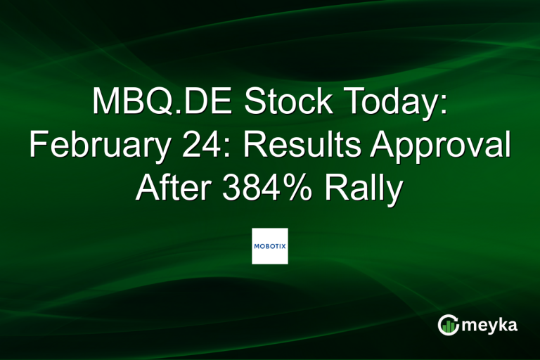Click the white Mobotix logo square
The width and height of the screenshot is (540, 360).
(270, 245)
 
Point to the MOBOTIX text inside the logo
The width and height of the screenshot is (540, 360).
(270, 246)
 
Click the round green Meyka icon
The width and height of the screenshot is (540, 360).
(449, 324)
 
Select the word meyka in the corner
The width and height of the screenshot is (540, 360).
(490, 325)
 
